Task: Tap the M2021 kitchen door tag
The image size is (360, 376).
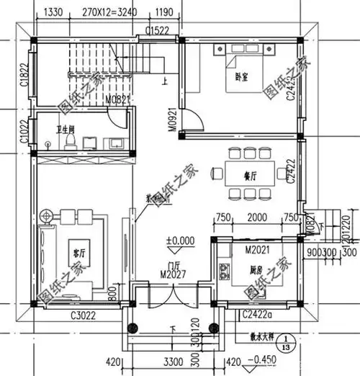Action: coord(257,249)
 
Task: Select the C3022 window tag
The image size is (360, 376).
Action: coord(84,315)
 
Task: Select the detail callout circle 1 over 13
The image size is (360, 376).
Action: coord(286,341)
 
